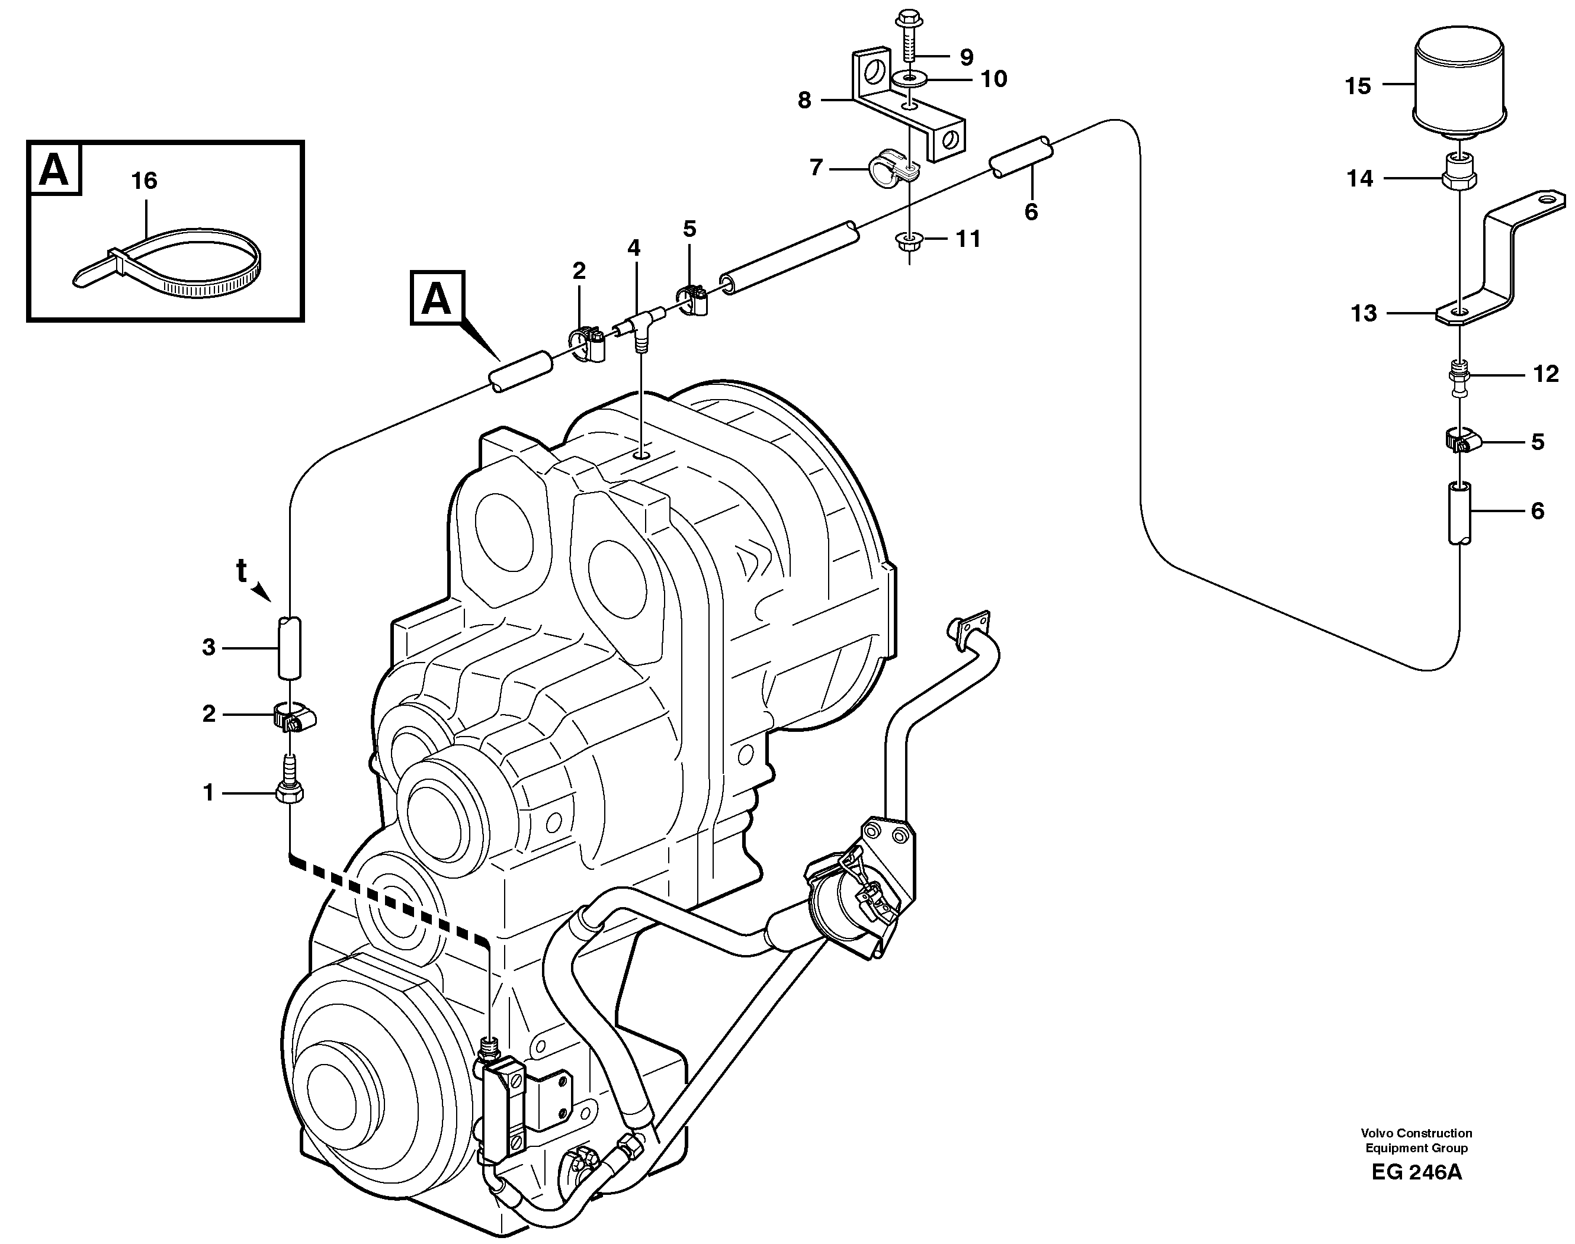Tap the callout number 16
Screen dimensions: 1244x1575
pos(145,180)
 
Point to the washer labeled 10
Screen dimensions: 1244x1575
pos(909,79)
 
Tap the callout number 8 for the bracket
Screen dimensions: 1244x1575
pos(804,100)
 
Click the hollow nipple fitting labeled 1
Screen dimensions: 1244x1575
pos(290,787)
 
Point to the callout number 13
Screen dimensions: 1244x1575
pos(1364,313)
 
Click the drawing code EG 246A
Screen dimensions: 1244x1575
pos(1416,1192)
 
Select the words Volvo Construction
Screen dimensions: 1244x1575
pos(1416,1153)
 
